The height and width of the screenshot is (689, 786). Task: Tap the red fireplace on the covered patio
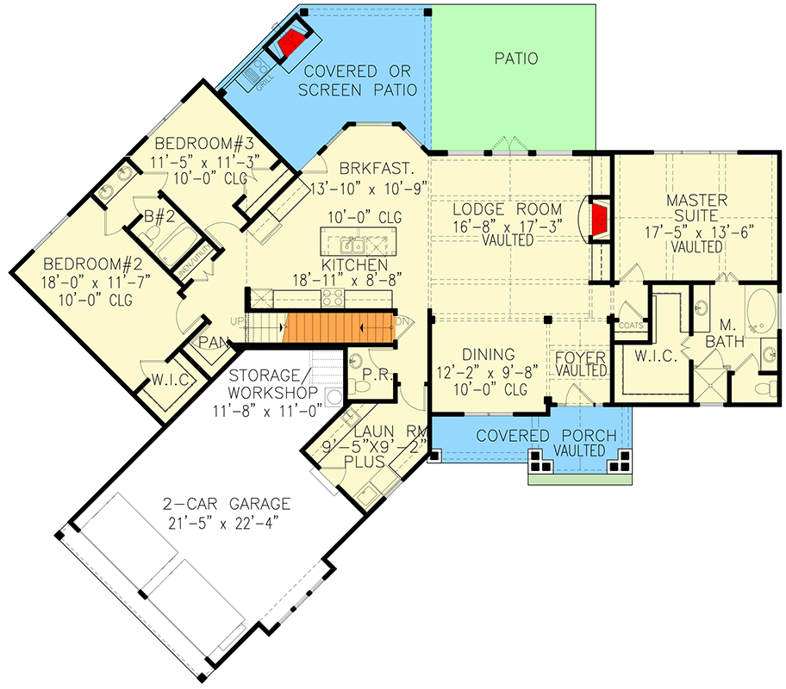[x=291, y=43]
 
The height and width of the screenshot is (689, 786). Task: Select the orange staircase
[x=339, y=328]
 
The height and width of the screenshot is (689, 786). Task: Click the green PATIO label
[x=516, y=59]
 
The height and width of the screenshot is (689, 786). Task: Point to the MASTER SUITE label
[x=696, y=200]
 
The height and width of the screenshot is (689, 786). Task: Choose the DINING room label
[x=488, y=354]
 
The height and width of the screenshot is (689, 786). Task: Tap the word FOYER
[x=580, y=355]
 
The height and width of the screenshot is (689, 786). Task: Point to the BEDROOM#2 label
[x=89, y=263]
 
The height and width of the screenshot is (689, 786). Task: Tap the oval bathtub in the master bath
[x=761, y=313]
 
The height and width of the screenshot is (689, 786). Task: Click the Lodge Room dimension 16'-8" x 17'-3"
[x=507, y=226]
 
